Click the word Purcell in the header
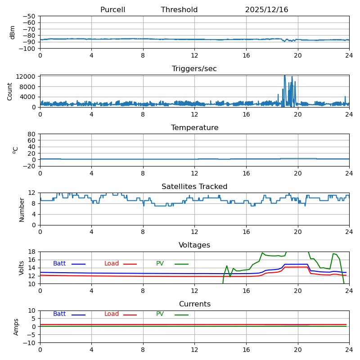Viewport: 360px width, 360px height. tap(112, 10)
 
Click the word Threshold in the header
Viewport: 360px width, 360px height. tap(179, 10)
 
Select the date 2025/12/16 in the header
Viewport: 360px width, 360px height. tap(266, 10)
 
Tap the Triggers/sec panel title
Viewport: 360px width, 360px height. tap(194, 69)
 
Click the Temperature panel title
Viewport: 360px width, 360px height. tap(194, 128)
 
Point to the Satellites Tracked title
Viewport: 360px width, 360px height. tap(194, 187)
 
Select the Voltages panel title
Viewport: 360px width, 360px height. tap(194, 245)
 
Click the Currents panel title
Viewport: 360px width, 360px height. tap(194, 304)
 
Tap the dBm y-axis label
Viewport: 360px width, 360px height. tap(13, 32)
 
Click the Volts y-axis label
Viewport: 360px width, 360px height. tap(22, 268)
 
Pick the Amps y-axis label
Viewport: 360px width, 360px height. tap(16, 327)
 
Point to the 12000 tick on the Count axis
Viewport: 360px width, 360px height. tap(27, 76)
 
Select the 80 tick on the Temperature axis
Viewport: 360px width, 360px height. tap(32, 134)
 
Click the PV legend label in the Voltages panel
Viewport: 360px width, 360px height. tap(160, 264)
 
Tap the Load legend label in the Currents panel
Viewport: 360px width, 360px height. tap(112, 314)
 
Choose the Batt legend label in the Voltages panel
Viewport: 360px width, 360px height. tap(59, 264)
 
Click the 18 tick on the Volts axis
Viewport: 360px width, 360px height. tap(33, 252)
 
